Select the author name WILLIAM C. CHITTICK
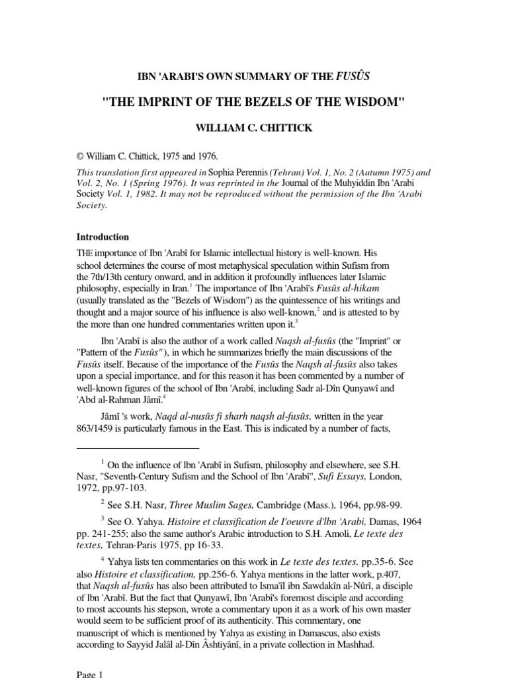click(x=254, y=126)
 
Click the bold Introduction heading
click(x=103, y=236)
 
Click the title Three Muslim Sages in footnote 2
click(x=211, y=504)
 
